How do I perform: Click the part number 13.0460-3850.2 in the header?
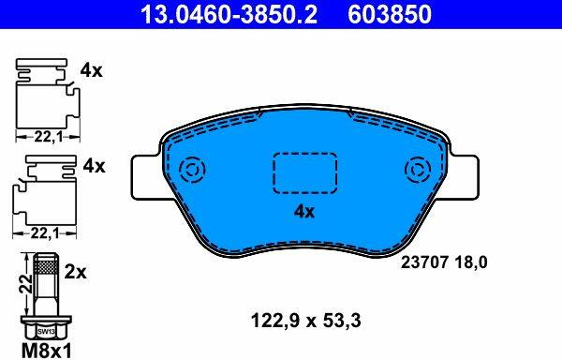[229, 14]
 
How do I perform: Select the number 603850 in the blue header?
[390, 14]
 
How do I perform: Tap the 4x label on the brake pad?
[303, 212]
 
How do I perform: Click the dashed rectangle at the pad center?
[305, 172]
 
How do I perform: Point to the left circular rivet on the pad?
[192, 170]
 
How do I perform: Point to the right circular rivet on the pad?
[418, 170]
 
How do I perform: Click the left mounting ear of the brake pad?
[146, 177]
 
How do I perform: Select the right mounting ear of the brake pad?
[464, 177]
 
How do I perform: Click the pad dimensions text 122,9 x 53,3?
[305, 321]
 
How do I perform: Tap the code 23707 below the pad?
[424, 262]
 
